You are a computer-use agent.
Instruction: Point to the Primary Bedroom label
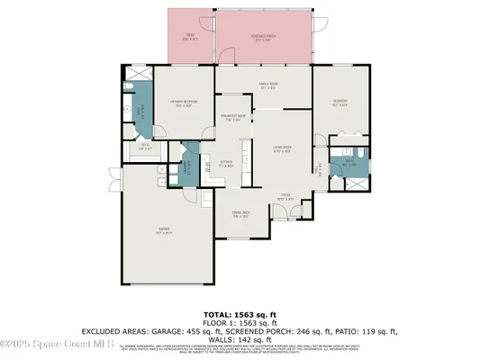point(184,102)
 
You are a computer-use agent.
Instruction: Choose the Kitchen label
point(226,164)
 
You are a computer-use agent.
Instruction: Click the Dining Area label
point(240,215)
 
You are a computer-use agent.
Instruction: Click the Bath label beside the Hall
point(351,164)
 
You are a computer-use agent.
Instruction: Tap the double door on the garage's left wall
point(122,185)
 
